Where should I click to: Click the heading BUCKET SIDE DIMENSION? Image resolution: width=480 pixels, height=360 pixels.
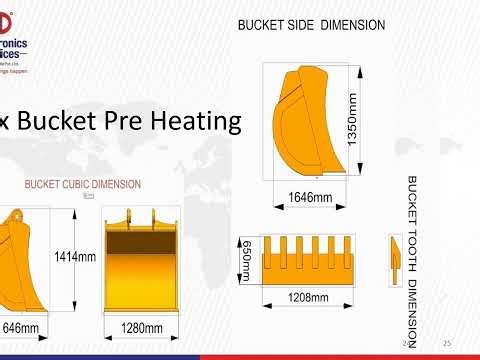point(311,25)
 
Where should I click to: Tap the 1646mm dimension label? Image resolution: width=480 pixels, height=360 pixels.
point(309,198)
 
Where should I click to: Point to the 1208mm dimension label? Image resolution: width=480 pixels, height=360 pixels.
point(307,297)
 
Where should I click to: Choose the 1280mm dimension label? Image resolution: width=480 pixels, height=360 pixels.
point(141,328)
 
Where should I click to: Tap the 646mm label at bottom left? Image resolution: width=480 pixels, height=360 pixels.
point(20,328)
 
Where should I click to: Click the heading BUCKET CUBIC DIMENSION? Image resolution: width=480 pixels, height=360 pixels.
point(83,185)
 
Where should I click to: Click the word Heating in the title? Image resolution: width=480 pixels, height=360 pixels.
point(194,121)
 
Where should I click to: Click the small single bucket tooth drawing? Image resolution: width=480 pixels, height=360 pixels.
point(393,250)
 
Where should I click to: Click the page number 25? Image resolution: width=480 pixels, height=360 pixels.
point(447,343)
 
